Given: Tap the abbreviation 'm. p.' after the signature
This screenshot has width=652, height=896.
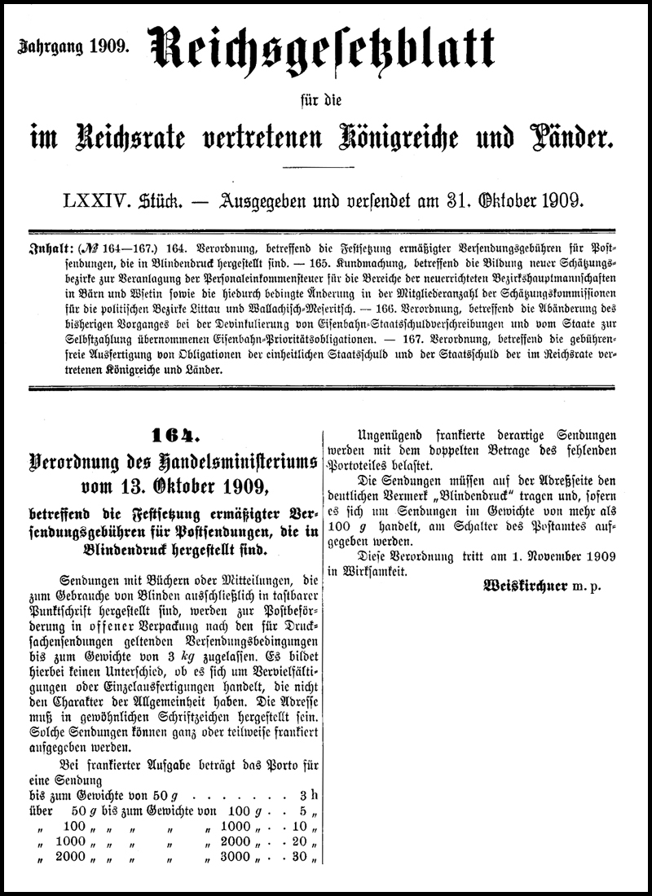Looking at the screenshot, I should tap(584, 586).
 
